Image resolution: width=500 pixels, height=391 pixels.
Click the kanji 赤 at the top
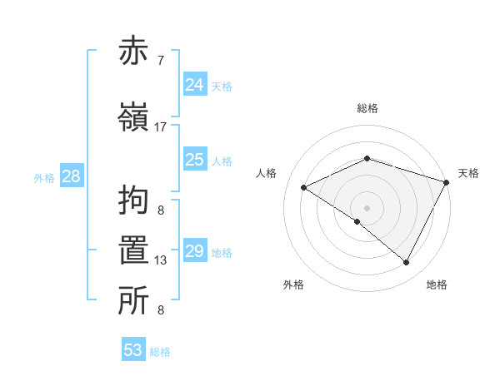[134, 51]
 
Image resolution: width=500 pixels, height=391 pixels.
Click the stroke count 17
[161, 127]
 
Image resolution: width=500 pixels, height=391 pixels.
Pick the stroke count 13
[161, 260]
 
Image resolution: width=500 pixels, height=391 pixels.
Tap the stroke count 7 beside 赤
[161, 61]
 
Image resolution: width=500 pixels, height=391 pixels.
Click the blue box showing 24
[195, 84]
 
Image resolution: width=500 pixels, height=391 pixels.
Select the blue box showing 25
[195, 160]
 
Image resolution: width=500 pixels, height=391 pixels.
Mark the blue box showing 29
[195, 251]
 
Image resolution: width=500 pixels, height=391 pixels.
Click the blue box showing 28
[71, 176]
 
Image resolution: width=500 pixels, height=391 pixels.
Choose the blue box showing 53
[133, 350]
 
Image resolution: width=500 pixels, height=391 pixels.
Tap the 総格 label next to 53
[160, 352]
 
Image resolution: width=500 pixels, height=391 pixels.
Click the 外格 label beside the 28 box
[44, 178]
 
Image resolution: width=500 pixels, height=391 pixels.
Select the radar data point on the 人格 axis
[304, 188]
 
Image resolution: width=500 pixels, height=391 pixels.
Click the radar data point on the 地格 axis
[407, 263]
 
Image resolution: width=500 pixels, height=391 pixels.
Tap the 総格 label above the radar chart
[367, 109]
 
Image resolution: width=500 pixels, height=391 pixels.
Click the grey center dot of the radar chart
[367, 207]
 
